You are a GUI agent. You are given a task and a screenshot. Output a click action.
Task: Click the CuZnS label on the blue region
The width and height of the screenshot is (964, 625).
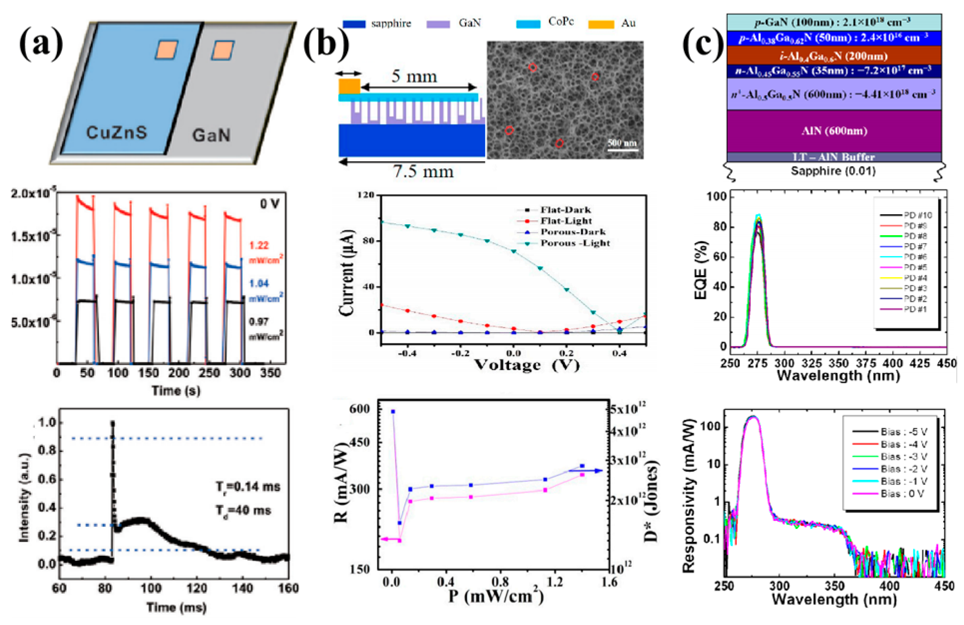click(x=117, y=133)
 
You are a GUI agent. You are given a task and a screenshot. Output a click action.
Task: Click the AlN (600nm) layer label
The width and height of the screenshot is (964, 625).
click(x=834, y=131)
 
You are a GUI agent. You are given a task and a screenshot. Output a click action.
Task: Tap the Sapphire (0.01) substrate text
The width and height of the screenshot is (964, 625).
click(x=833, y=171)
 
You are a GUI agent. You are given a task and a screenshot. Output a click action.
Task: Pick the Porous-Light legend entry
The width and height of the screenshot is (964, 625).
click(x=575, y=243)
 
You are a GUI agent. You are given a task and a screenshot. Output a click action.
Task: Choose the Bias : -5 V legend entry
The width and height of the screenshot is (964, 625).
click(x=903, y=432)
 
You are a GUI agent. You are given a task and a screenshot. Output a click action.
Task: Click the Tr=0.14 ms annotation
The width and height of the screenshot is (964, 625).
click(x=248, y=486)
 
